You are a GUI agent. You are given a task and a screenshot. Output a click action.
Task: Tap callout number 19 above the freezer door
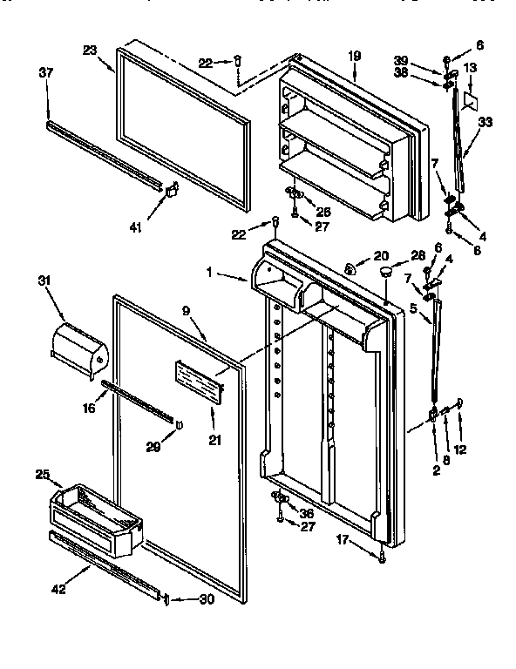355,55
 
